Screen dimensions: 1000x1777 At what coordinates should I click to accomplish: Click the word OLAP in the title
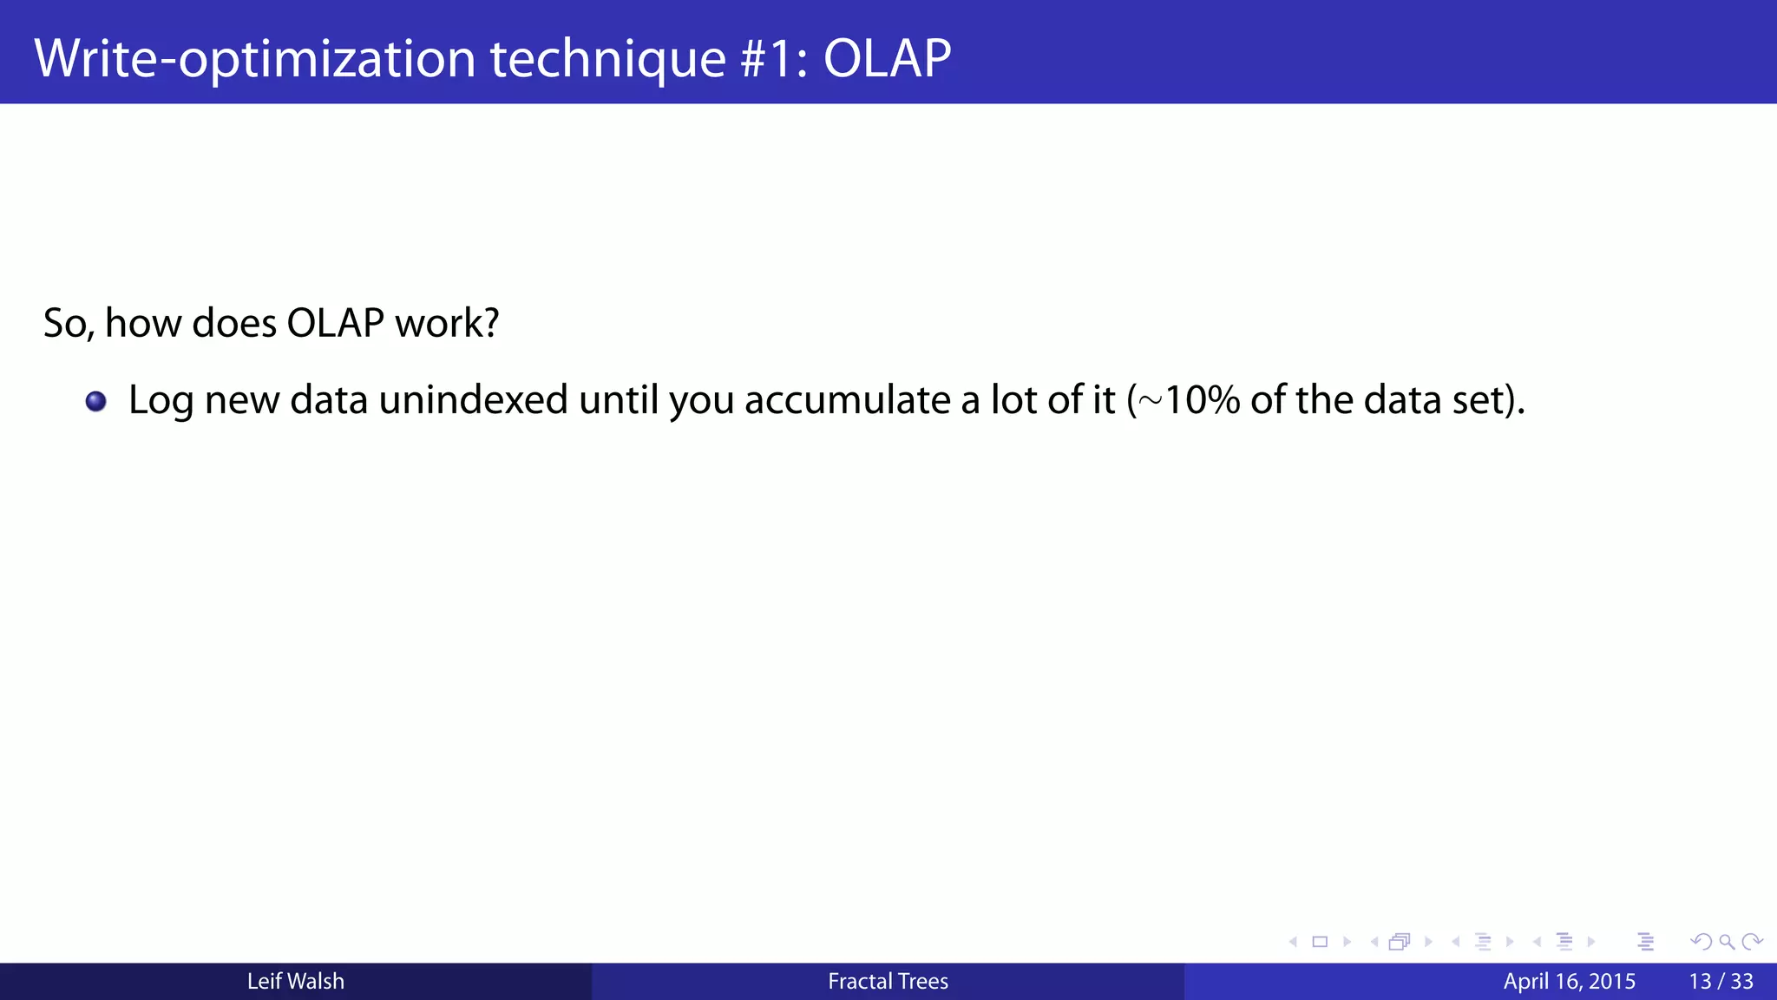887,58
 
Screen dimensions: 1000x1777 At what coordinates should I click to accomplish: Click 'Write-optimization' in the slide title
254,58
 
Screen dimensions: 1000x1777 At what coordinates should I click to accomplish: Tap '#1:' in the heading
775,58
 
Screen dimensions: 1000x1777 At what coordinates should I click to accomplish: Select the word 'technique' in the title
607,58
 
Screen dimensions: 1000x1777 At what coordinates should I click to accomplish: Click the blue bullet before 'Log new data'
96,401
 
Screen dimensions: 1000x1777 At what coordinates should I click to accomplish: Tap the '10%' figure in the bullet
1202,400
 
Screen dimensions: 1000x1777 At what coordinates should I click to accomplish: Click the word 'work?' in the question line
447,323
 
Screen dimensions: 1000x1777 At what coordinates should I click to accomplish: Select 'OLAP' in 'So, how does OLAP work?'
335,323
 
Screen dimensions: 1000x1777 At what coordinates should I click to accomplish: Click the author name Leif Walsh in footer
295,981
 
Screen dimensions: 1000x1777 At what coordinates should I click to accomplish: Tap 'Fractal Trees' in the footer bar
888,981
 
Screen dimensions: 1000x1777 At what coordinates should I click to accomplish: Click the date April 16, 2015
1569,981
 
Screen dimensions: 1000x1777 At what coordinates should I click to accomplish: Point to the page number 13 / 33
1721,981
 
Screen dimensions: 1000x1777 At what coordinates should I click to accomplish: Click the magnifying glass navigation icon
1727,942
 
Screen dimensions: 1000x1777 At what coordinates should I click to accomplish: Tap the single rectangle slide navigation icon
1320,942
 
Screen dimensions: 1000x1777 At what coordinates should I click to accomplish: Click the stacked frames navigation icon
1399,942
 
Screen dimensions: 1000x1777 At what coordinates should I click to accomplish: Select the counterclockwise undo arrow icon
1701,942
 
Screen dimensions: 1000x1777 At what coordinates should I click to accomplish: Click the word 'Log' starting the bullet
161,402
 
